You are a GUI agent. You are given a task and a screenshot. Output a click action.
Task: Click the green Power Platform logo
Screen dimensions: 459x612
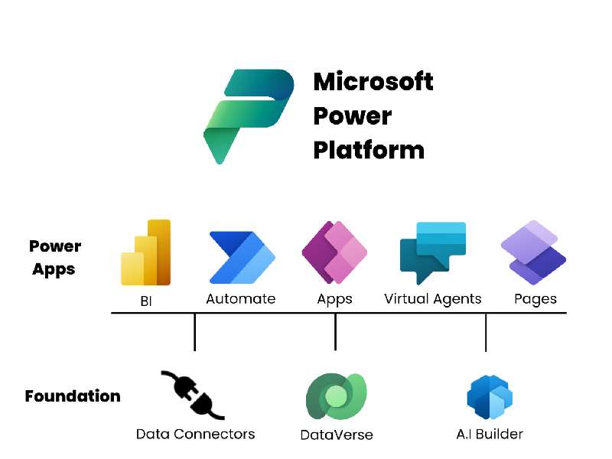247,115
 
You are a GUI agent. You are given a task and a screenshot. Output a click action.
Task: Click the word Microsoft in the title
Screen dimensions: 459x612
373,81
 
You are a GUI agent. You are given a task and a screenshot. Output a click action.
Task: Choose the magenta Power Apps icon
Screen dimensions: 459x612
334,252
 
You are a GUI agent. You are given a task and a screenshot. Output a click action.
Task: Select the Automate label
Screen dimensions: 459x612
241,299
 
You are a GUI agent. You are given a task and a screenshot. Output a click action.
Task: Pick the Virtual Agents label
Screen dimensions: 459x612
433,299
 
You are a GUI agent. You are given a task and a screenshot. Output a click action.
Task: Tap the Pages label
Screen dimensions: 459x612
535,299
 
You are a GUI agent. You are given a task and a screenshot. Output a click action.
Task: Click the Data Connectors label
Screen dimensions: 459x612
195,434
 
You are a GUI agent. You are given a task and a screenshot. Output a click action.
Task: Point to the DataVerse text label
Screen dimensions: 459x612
337,435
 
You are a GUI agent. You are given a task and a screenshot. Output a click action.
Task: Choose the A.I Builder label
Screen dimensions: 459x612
490,434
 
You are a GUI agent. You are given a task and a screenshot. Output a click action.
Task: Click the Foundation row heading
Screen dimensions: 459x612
73,396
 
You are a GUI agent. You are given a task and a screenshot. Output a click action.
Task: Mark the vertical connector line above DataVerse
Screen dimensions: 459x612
336,332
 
